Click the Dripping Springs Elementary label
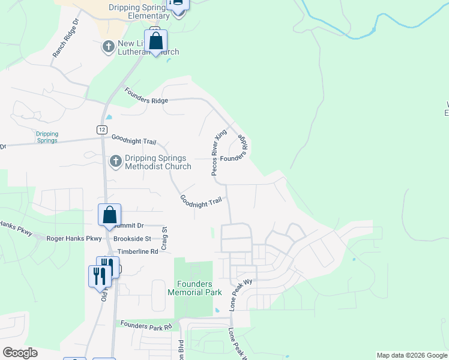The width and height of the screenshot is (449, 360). pyautogui.click(x=140, y=11)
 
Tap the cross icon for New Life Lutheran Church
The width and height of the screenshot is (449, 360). pyautogui.click(x=109, y=46)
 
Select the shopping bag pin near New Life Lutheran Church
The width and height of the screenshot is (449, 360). pyautogui.click(x=155, y=41)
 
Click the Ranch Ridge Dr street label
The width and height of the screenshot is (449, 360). pyautogui.click(x=65, y=41)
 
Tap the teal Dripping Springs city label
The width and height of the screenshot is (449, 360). pyautogui.click(x=46, y=137)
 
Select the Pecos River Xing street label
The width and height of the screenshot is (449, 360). pyautogui.click(x=219, y=152)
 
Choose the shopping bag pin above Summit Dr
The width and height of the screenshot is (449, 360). pyautogui.click(x=110, y=215)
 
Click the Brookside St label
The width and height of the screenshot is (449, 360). pyautogui.click(x=132, y=238)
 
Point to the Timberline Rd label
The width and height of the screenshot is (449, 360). pyautogui.click(x=137, y=251)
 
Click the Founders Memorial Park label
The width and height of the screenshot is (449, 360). pyautogui.click(x=194, y=288)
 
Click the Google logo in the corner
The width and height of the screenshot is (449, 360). pyautogui.click(x=20, y=353)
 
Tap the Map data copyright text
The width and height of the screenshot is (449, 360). pyautogui.click(x=411, y=355)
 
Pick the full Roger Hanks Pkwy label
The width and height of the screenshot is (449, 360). pyautogui.click(x=74, y=238)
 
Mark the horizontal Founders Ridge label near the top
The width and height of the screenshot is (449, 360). pyautogui.click(x=146, y=96)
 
